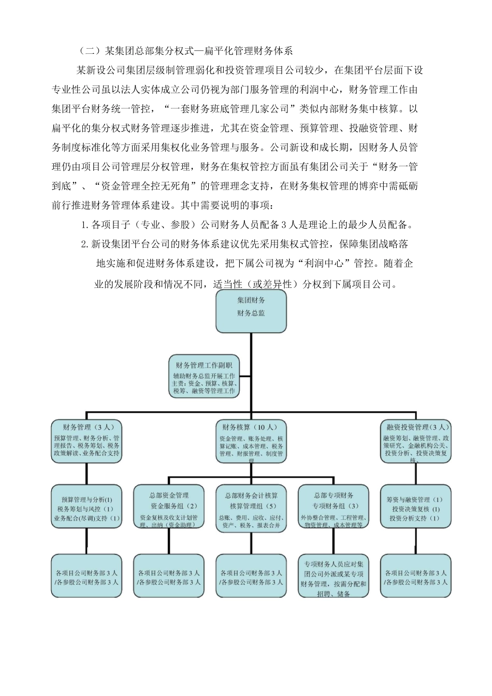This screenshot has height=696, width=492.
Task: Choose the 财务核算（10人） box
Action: (251, 441)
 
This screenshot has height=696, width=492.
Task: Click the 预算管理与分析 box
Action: (86, 507)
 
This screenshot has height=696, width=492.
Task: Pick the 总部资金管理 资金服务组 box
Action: (169, 507)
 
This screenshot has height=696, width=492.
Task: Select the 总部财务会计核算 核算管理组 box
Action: (251, 507)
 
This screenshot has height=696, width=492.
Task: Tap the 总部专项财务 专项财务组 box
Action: (333, 507)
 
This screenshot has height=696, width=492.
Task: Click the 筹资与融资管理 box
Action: (415, 507)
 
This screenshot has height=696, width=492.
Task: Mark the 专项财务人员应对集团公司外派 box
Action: (333, 576)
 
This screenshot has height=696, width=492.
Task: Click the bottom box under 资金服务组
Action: (169, 576)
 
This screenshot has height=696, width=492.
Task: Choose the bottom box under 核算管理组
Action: (251, 576)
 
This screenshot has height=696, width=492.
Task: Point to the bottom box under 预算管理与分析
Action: (86, 576)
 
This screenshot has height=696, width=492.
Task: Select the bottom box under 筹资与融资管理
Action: (415, 576)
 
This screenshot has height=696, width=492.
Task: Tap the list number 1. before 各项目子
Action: (85, 225)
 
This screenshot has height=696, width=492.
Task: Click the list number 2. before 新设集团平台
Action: (85, 244)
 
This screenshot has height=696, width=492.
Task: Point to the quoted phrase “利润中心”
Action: (323, 263)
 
